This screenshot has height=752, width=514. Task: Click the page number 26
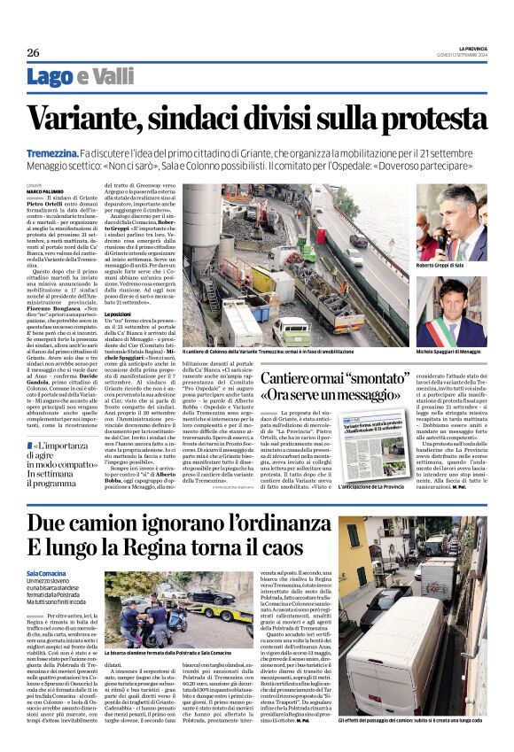tap(33, 52)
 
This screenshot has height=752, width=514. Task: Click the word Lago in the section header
tap(52, 76)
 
